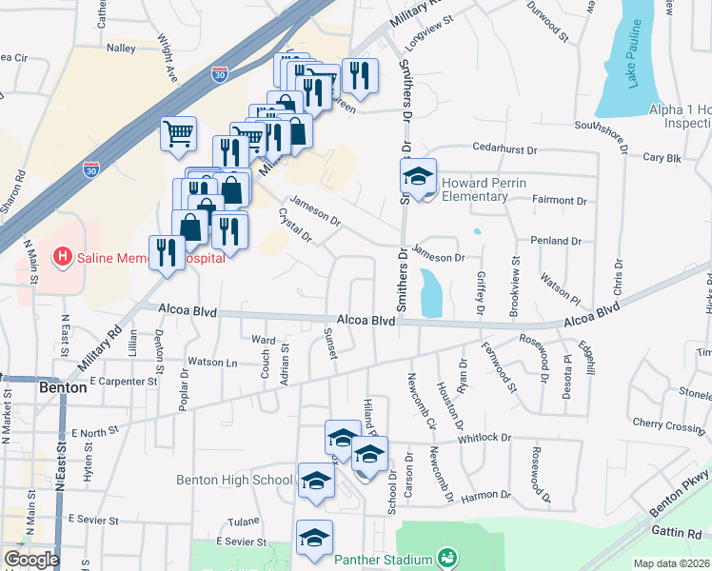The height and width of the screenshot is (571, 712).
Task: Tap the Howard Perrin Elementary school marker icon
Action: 418,178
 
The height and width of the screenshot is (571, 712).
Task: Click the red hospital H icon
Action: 62,256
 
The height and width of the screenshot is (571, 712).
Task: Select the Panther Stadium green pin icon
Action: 445,556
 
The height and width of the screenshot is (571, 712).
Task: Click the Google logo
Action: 31,560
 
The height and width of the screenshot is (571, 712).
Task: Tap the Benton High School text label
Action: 234,480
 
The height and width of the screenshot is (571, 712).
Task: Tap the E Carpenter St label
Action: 123,381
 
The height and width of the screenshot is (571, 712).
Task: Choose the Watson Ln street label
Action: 212,362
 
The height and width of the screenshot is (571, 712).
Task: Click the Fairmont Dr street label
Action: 562,201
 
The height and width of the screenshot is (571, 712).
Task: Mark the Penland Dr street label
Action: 556,242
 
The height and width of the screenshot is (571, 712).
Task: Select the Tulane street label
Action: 243,522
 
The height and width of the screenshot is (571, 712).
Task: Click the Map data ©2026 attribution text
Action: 672,563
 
